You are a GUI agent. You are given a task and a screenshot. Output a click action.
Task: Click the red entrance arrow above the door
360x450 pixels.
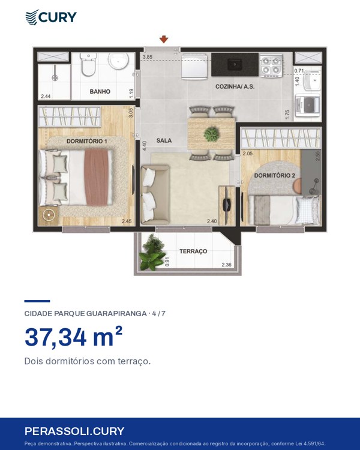164,40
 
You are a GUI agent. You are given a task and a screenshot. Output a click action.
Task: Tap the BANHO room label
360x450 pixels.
100,92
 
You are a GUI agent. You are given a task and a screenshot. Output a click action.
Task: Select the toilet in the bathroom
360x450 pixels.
88,64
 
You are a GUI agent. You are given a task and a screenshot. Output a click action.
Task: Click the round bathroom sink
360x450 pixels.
118,61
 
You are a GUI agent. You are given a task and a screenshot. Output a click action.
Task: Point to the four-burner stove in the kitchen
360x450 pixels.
271,65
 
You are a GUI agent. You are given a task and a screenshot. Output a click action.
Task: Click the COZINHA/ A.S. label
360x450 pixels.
235,86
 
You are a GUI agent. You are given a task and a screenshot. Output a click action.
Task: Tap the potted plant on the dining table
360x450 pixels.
212,134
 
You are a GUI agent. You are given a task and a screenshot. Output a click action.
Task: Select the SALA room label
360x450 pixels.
164,140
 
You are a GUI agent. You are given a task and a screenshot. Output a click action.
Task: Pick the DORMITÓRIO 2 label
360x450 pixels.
274,176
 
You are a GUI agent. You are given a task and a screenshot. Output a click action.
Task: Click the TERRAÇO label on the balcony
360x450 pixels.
193,251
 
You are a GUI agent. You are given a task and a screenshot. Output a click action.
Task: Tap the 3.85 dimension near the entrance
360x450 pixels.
148,57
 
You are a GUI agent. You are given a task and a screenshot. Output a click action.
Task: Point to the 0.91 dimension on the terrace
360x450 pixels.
167,261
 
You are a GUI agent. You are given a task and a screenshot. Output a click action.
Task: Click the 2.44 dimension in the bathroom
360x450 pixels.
46,97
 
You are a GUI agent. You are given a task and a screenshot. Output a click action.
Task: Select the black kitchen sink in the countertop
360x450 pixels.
235,64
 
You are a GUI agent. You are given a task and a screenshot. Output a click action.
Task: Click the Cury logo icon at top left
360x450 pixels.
32,17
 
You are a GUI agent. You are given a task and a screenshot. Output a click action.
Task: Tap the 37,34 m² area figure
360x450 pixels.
73,337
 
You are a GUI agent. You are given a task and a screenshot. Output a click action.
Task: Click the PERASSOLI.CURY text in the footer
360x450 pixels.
74,431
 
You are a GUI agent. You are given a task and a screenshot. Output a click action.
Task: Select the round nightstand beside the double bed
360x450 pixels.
49,214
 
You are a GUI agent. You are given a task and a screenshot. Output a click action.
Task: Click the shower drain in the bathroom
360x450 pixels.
55,77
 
